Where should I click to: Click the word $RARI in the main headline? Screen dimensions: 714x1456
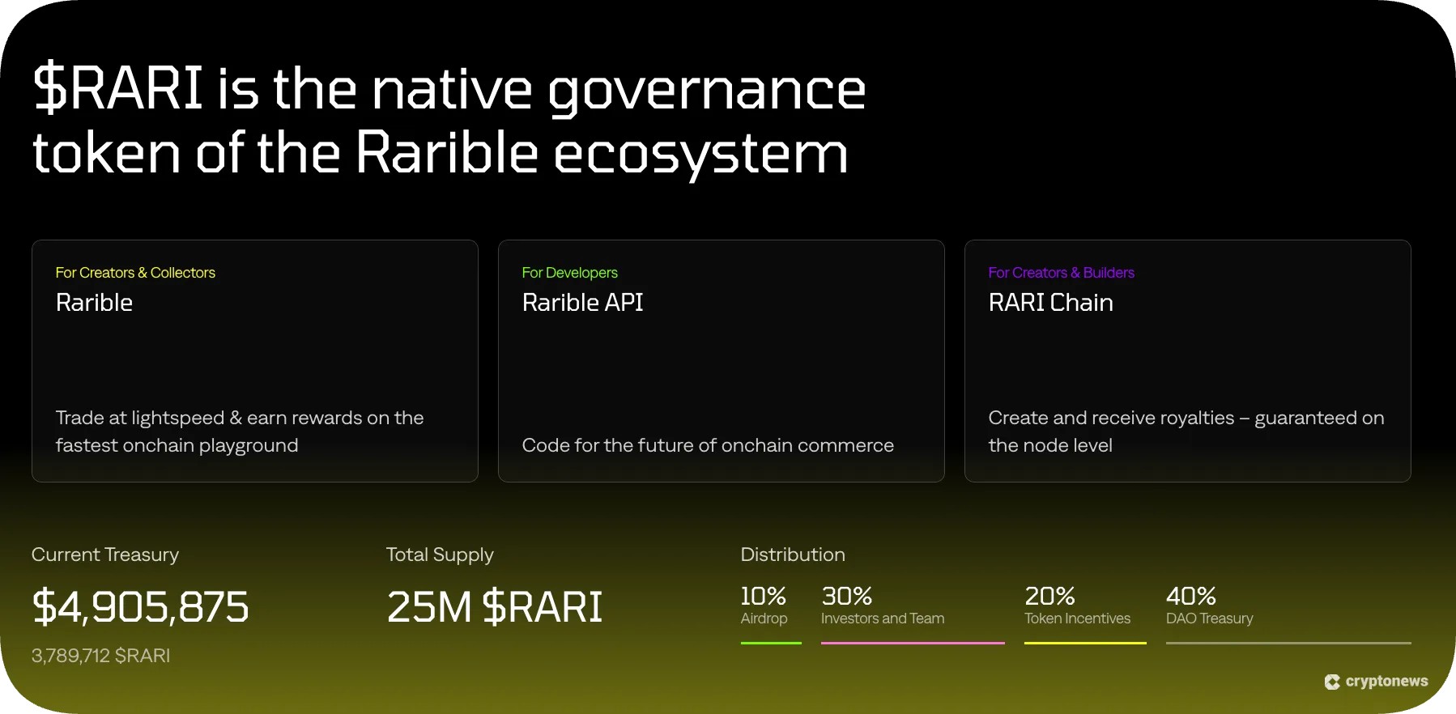tap(118, 88)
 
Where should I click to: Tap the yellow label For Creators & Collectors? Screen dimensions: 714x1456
tap(135, 273)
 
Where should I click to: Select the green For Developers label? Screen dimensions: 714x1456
tap(569, 273)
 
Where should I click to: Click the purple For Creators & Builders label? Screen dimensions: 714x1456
tap(1061, 273)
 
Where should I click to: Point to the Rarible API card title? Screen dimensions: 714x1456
tap(582, 303)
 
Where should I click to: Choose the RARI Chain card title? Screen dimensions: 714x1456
tap(1050, 303)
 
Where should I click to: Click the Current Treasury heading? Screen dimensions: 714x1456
tap(105, 555)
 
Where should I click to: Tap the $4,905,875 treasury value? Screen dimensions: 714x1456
tap(140, 607)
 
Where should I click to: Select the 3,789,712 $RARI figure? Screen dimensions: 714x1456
tap(100, 656)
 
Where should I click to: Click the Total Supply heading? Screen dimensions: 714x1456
tap(440, 555)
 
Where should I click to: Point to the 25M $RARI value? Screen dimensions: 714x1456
tap(494, 607)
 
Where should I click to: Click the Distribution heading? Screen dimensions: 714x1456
tap(793, 555)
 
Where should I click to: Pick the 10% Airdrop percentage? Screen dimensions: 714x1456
tap(763, 597)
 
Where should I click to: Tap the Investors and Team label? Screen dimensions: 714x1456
tap(883, 618)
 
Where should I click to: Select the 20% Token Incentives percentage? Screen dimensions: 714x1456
tap(1049, 597)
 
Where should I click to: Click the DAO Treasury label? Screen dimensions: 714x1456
tap(1209, 618)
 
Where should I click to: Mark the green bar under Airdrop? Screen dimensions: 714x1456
tap(771, 643)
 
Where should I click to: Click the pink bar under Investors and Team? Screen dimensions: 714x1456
tap(913, 643)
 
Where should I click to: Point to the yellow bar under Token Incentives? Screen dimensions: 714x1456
tap(1085, 643)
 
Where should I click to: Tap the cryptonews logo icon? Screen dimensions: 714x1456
tap(1332, 682)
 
